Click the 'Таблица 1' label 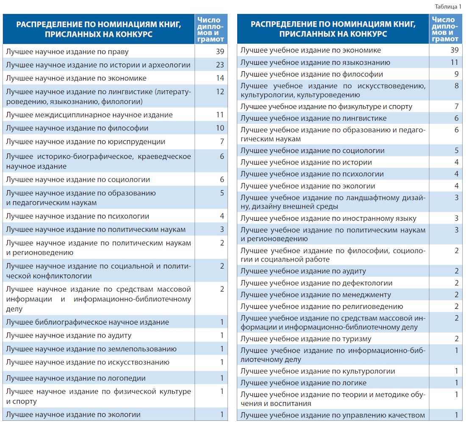448,6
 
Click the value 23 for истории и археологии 219,65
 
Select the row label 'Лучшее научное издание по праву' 67,52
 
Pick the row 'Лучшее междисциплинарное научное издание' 89,115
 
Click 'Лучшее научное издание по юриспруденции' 86,142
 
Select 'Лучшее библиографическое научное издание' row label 87,322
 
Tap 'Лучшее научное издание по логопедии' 76,378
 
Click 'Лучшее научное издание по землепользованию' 91,349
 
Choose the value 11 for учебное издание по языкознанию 454,62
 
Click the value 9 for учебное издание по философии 456,74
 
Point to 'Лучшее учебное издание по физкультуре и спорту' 326,107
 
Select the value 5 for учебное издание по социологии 456,150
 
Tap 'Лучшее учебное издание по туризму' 306,339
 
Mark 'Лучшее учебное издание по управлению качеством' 333,415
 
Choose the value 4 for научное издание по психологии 222,216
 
